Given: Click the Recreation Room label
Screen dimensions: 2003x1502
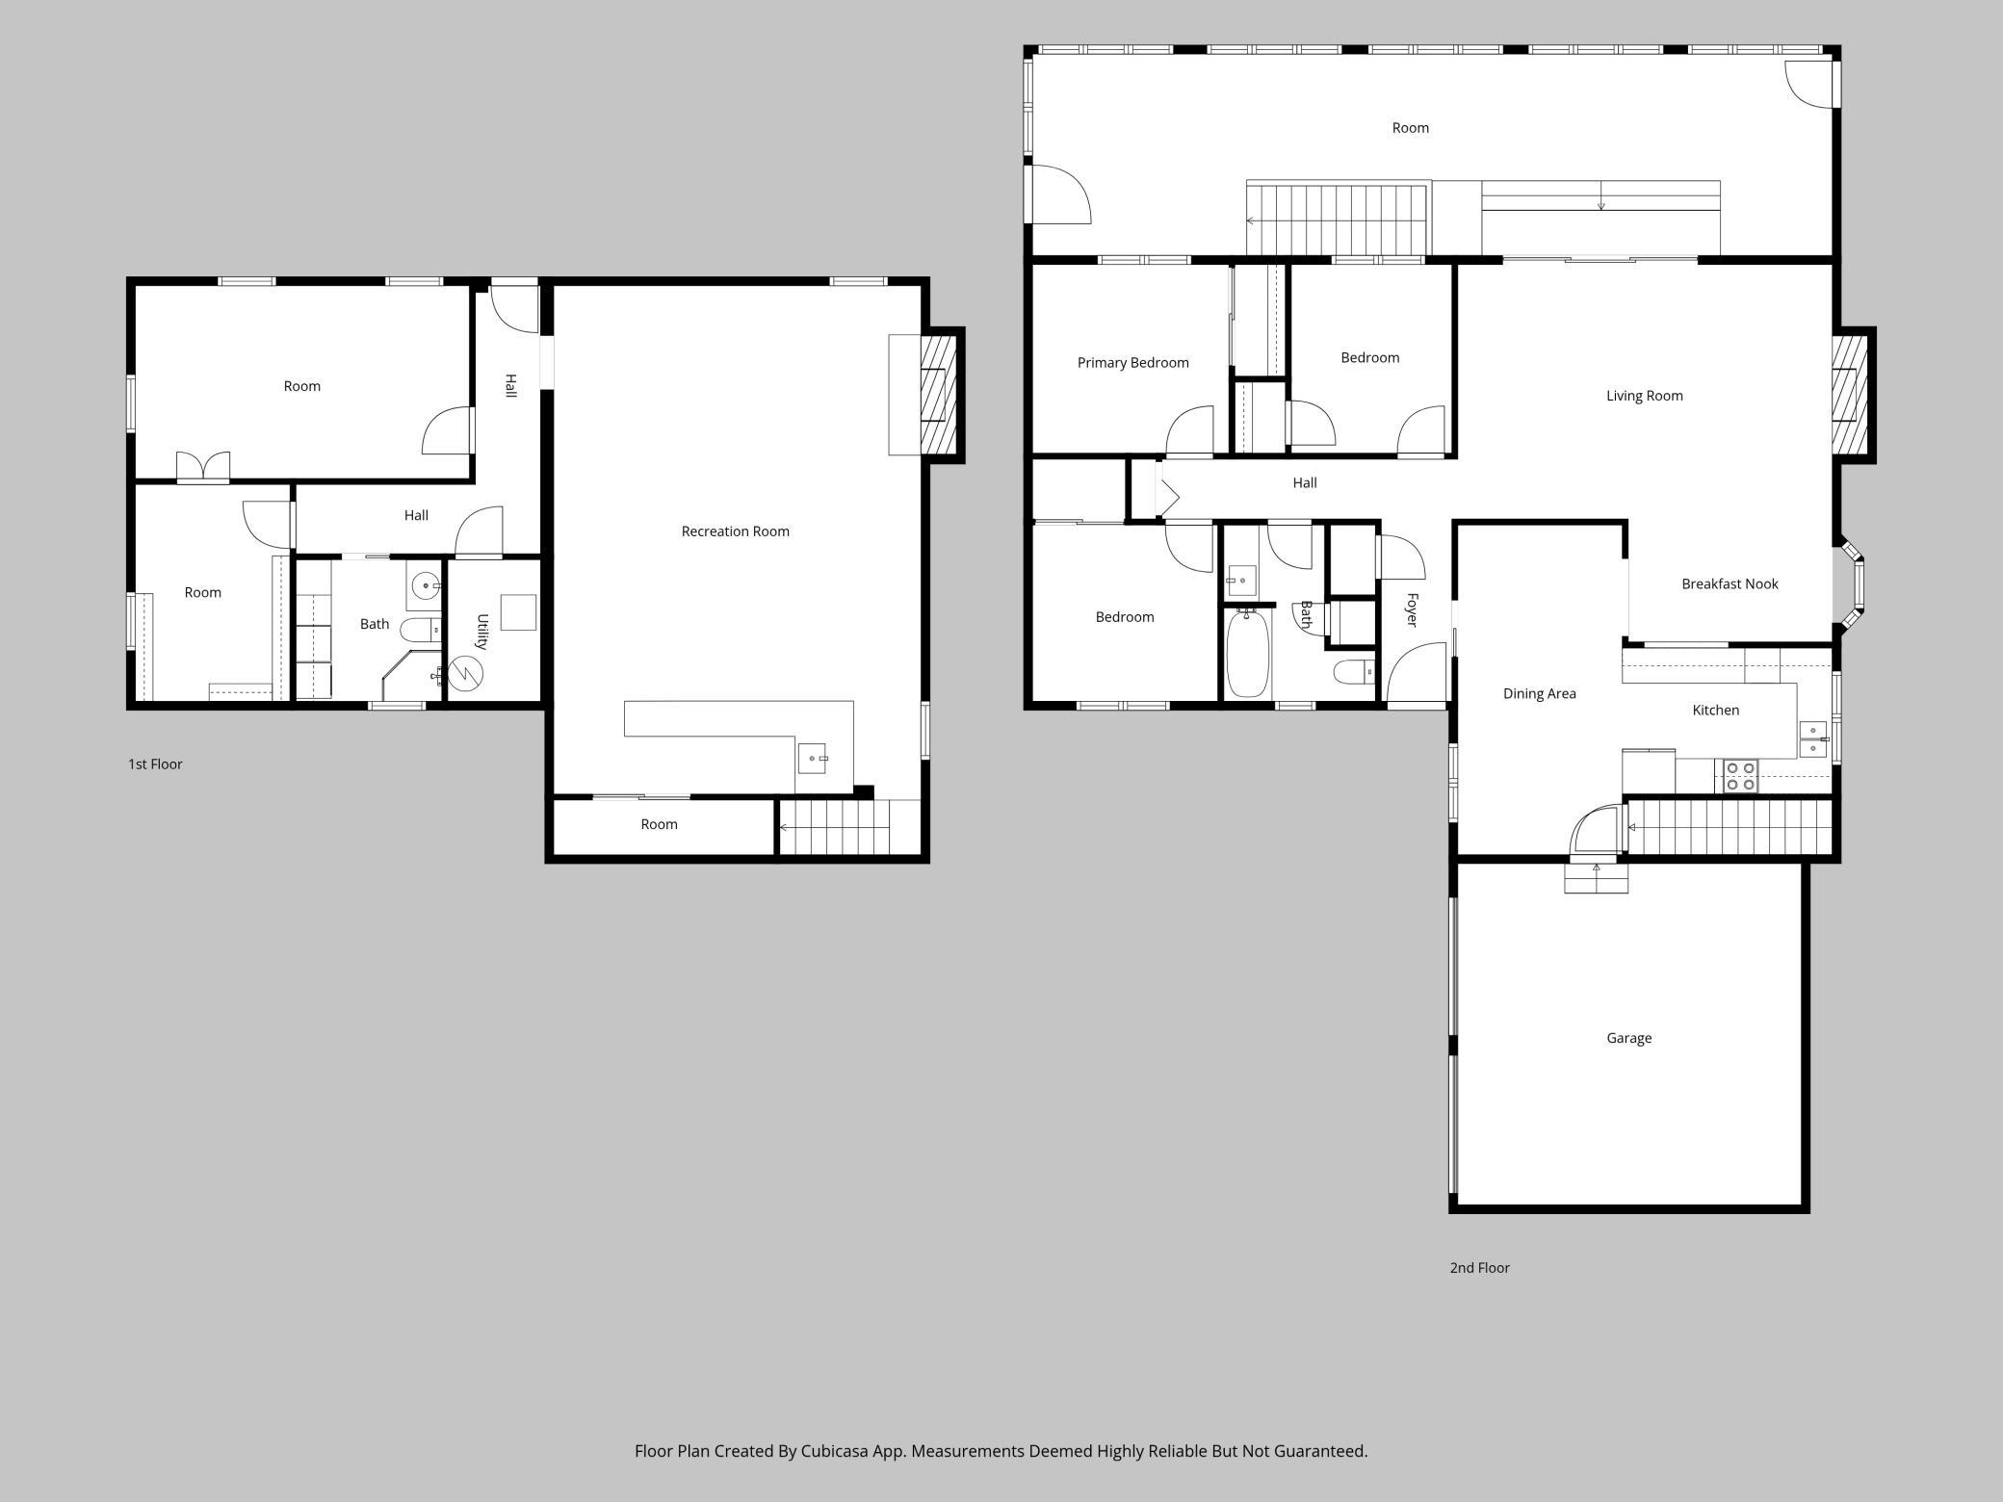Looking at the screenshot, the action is click(x=735, y=531).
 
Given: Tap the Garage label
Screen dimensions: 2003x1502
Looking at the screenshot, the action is click(x=1628, y=1038).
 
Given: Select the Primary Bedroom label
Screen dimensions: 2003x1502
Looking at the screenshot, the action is click(x=1132, y=363).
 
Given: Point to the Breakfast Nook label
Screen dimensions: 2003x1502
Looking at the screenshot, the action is click(x=1730, y=583).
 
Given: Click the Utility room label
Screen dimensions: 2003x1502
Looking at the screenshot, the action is click(x=482, y=632).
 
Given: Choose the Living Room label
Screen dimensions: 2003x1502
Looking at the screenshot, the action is click(x=1644, y=396).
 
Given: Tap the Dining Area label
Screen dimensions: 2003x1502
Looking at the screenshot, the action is click(x=1539, y=693).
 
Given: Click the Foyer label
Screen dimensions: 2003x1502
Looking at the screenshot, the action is click(x=1412, y=610).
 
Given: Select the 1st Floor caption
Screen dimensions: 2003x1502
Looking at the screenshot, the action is click(x=155, y=764).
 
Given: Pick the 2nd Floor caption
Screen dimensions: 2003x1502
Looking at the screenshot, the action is click(x=1479, y=1268).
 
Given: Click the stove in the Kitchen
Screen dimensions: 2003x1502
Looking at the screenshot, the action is click(x=1740, y=776).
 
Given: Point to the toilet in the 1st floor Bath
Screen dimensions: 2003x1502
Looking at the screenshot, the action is click(x=421, y=631).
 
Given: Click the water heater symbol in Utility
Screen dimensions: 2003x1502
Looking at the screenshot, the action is click(x=466, y=672).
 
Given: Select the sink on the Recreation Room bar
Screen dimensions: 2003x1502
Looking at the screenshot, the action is click(x=812, y=758).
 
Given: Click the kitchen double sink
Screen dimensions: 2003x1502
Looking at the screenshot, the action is click(x=1812, y=739).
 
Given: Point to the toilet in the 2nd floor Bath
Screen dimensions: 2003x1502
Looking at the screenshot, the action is click(x=1353, y=671).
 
